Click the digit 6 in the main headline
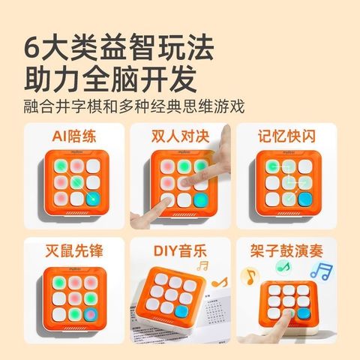[32, 48]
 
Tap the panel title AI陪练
[74, 136]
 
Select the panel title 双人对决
[180, 136]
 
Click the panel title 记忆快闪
[286, 136]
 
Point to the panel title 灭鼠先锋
[74, 250]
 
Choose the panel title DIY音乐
[180, 250]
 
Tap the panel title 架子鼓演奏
[286, 250]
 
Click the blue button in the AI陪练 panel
[93, 199]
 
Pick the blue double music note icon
[321, 271]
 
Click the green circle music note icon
[283, 266]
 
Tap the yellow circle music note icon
[250, 276]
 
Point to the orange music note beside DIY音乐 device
[220, 283]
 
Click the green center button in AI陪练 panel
[77, 183]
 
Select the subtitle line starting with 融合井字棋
[134, 106]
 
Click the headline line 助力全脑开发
[110, 78]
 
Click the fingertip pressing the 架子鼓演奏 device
[289, 313]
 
